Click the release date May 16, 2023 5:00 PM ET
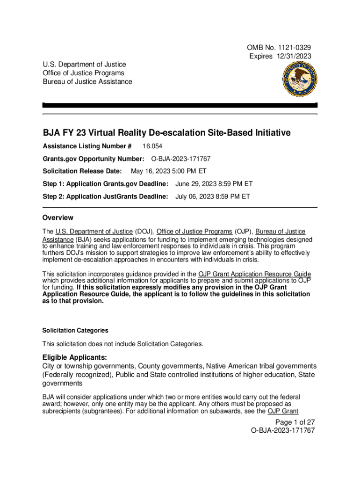(x=169, y=171)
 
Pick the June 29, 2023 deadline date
(x=214, y=184)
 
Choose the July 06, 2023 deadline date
(x=213, y=196)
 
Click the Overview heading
(x=58, y=218)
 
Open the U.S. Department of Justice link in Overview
(x=94, y=232)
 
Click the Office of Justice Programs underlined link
(x=194, y=232)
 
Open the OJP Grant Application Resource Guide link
(x=255, y=274)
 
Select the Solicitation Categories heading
(x=75, y=330)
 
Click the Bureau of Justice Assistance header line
(x=87, y=82)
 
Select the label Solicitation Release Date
(x=82, y=171)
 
